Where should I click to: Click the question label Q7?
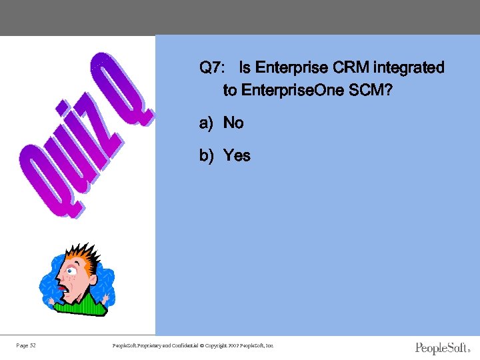212,68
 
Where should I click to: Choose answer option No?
233,123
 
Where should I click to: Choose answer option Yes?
237,155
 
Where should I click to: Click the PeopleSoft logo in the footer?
443,348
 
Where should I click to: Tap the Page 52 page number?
26,345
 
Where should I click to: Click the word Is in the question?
245,68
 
